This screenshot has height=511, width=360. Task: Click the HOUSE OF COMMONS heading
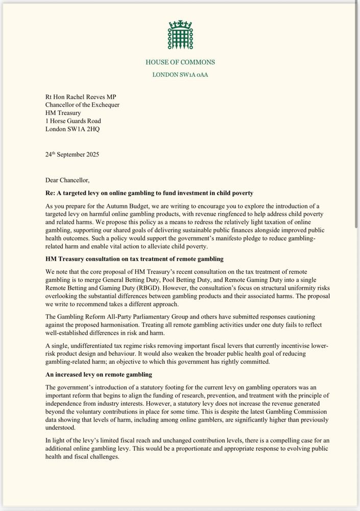coord(180,62)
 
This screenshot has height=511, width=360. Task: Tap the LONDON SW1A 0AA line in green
coord(180,75)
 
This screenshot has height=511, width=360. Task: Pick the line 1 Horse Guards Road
coord(73,121)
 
